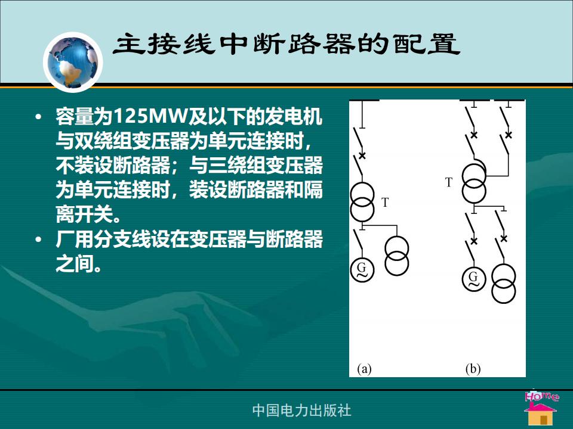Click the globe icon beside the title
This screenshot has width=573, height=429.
pyautogui.click(x=73, y=62)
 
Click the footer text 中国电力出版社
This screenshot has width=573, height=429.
pyautogui.click(x=302, y=411)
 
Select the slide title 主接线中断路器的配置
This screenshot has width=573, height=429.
pyautogui.click(x=286, y=44)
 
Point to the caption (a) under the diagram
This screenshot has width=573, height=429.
pyautogui.click(x=364, y=369)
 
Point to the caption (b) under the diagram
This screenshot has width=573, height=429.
pyautogui.click(x=473, y=369)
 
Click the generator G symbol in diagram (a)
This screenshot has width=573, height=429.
pyautogui.click(x=362, y=270)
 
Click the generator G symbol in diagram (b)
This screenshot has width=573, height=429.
pyautogui.click(x=473, y=279)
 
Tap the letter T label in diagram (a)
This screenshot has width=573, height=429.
pyautogui.click(x=385, y=203)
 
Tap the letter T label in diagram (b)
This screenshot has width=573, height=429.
pyautogui.click(x=449, y=182)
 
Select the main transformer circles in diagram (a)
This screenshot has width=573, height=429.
pyautogui.click(x=362, y=202)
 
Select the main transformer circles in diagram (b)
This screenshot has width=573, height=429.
pyautogui.click(x=474, y=184)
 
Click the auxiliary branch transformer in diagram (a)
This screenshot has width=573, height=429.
pyautogui.click(x=396, y=256)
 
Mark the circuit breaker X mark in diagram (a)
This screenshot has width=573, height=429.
pyautogui.click(x=362, y=156)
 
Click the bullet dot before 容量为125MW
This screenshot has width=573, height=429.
pyautogui.click(x=38, y=117)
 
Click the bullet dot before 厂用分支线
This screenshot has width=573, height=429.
pyautogui.click(x=38, y=240)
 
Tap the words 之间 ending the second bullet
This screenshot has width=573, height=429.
pyautogui.click(x=75, y=263)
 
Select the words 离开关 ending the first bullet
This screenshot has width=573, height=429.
pyautogui.click(x=84, y=214)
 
